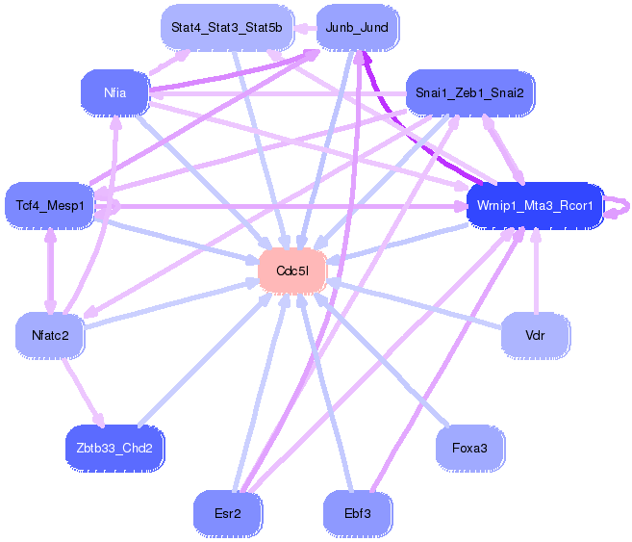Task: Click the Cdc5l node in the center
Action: (x=292, y=271)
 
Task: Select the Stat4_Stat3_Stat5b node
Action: (x=227, y=27)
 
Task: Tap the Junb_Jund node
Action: (x=357, y=27)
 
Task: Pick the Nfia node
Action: (x=114, y=92)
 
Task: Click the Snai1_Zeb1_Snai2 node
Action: (x=469, y=92)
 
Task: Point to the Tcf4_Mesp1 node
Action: (x=50, y=206)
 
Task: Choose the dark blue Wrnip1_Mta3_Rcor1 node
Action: (x=535, y=206)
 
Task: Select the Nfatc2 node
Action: (x=50, y=336)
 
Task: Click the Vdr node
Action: (x=535, y=336)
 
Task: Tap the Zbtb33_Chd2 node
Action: (x=114, y=448)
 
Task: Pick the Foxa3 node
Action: (x=470, y=448)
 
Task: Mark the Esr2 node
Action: (x=228, y=513)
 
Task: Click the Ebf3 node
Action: (x=358, y=513)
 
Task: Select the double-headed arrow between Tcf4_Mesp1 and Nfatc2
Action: (x=50, y=271)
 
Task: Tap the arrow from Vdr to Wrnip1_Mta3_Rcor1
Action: (x=536, y=271)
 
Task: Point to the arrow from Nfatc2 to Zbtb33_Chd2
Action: (x=83, y=392)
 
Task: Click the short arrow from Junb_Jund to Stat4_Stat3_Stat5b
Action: (x=305, y=28)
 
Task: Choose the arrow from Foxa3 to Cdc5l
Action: (x=381, y=359)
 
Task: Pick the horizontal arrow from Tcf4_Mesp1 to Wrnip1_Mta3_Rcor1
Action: (x=281, y=206)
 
